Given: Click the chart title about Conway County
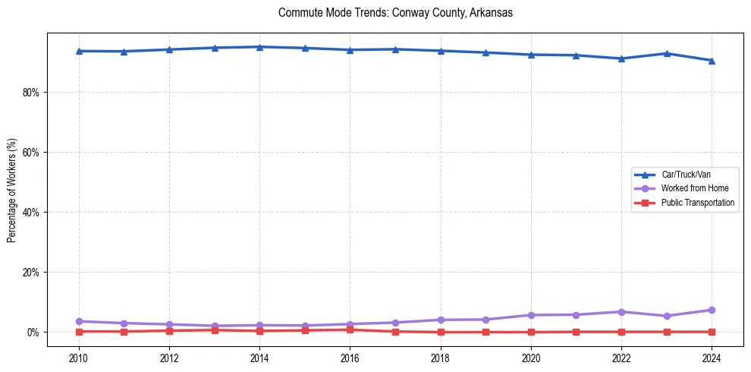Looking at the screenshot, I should click(395, 13).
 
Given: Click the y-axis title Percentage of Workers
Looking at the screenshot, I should click(11, 191).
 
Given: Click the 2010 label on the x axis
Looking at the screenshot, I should click(79, 358).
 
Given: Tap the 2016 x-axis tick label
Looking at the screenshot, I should click(350, 358).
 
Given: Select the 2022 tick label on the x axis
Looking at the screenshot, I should click(621, 358).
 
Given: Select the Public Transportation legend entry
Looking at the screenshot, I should click(697, 203).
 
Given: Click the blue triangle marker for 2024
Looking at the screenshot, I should click(712, 61).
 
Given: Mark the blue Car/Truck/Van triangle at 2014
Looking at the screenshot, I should click(259, 47).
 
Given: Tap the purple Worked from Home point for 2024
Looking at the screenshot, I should click(712, 310).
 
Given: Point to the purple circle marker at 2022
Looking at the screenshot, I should click(621, 312).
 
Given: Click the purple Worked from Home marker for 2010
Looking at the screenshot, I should click(79, 321).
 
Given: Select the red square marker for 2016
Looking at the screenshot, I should click(350, 329).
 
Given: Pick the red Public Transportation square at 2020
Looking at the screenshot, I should click(531, 332).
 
